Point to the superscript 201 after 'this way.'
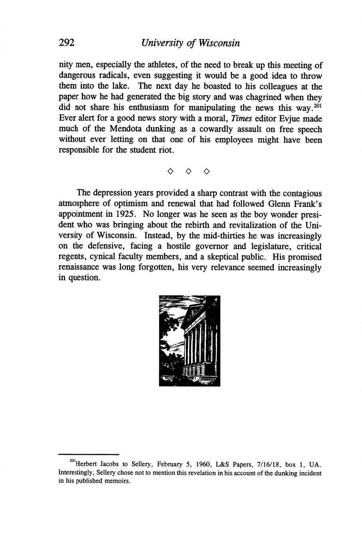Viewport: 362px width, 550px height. (x=317, y=106)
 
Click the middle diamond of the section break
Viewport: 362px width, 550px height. (x=188, y=172)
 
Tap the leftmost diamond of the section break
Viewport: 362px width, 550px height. (x=170, y=172)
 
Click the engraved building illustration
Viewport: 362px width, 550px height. (x=190, y=341)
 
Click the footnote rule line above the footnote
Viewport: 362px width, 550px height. (x=89, y=454)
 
